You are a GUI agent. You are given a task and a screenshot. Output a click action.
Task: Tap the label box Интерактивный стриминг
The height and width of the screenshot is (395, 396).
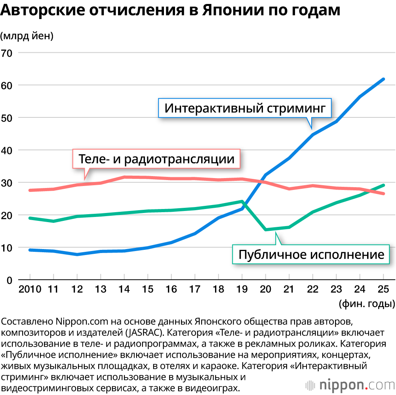pyautogui.click(x=245, y=108)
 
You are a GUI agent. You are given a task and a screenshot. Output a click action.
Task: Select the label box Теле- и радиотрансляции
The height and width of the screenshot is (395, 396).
pyautogui.click(x=156, y=159)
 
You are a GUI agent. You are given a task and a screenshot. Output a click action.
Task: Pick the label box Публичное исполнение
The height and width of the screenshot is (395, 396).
pyautogui.click(x=311, y=254)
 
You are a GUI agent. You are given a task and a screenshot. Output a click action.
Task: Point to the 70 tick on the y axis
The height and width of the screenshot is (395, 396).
pyautogui.click(x=7, y=54)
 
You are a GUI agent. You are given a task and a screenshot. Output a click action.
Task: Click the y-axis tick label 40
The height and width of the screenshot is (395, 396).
pyautogui.click(x=7, y=151)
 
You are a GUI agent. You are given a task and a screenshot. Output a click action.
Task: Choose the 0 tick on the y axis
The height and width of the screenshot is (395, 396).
pyautogui.click(x=10, y=280)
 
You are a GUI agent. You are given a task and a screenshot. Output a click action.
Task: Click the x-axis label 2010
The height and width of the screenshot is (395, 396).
pyautogui.click(x=30, y=289)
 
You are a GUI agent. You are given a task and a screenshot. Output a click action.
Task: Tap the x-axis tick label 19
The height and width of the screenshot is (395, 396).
pyautogui.click(x=242, y=289)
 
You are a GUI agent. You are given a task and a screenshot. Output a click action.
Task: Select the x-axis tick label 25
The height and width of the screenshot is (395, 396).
pyautogui.click(x=383, y=289)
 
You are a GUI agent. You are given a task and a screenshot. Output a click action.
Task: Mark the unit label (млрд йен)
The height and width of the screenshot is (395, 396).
pyautogui.click(x=27, y=36)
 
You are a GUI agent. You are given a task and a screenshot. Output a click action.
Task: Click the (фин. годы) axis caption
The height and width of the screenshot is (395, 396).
pyautogui.click(x=367, y=303)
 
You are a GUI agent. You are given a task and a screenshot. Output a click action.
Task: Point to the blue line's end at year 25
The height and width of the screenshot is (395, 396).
pyautogui.click(x=383, y=79)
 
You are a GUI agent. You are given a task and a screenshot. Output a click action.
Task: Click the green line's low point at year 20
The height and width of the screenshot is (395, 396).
pyautogui.click(x=266, y=230)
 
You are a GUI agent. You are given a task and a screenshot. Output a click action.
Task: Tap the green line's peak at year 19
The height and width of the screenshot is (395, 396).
pyautogui.click(x=242, y=201)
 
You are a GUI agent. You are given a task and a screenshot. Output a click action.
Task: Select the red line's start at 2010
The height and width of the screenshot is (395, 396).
pyautogui.click(x=30, y=190)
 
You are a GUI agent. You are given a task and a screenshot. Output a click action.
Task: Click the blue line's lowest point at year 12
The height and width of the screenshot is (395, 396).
pyautogui.click(x=77, y=254)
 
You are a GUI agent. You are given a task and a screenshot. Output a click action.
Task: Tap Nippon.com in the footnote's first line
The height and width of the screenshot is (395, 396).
pyautogui.click(x=82, y=322)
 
